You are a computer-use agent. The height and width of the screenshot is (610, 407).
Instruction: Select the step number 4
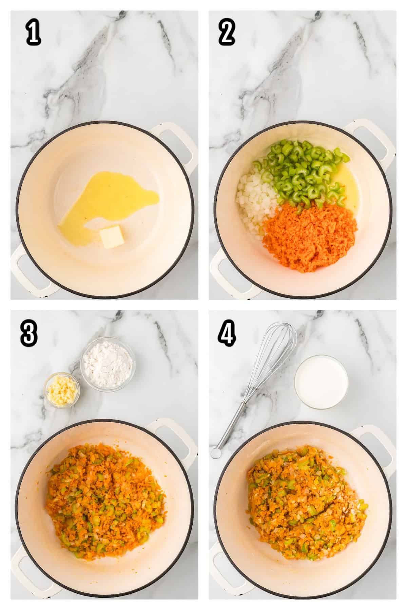227,334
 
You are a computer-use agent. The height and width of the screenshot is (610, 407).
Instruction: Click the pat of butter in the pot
111,237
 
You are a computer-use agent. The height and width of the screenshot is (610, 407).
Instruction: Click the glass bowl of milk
321,381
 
